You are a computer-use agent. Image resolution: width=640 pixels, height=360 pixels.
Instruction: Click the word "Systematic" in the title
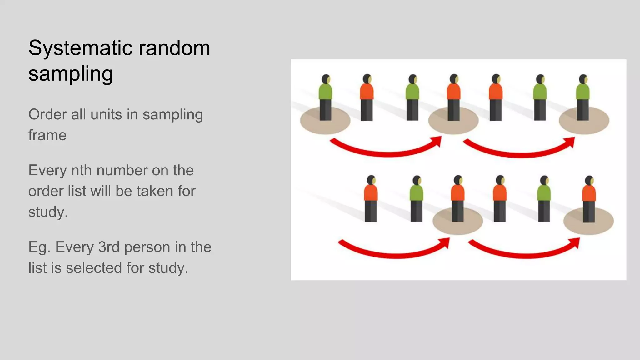(80, 48)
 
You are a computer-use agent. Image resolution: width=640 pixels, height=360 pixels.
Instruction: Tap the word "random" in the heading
(174, 48)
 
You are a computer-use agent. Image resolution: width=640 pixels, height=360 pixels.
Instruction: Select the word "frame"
(47, 135)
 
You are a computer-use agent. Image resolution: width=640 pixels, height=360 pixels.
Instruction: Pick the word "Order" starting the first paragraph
(47, 114)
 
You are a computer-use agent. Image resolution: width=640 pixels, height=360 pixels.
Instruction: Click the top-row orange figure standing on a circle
(453, 97)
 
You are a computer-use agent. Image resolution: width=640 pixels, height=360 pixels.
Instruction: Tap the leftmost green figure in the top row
(325, 97)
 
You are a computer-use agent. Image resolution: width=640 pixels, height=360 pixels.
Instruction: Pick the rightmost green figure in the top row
(583, 97)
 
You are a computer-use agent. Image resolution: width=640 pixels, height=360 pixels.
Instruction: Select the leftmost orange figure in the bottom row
(371, 198)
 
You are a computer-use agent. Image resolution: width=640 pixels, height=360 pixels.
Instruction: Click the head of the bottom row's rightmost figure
(589, 181)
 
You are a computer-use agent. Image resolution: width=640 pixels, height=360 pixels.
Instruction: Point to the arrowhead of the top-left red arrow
(437, 141)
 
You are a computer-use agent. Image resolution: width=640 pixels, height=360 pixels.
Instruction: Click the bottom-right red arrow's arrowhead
(576, 242)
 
